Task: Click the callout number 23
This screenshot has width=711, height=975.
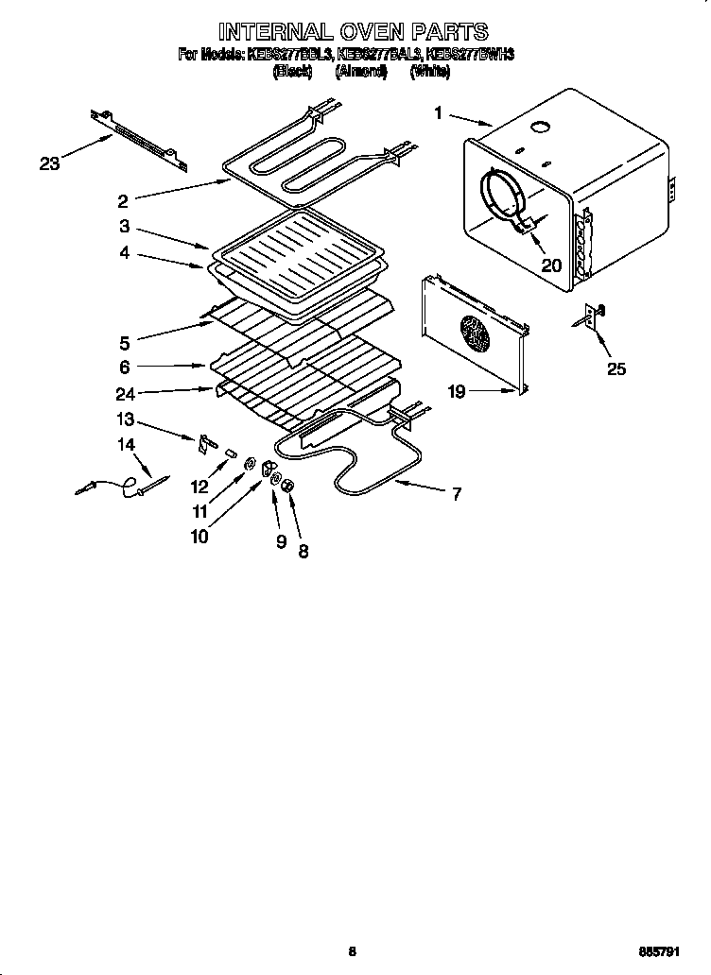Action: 49,163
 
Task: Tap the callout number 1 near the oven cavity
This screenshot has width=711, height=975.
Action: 439,113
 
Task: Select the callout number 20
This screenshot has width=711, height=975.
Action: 550,265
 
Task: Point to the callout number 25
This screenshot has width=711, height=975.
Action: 616,368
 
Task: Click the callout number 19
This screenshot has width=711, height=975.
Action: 457,391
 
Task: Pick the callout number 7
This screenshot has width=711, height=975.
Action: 456,493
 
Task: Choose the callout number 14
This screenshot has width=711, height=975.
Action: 126,444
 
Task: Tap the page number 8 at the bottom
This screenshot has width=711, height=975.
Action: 352,952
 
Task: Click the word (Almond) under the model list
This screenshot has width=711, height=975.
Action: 360,72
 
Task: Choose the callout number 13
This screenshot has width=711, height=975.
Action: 125,420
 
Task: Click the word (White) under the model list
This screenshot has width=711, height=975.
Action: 430,72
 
